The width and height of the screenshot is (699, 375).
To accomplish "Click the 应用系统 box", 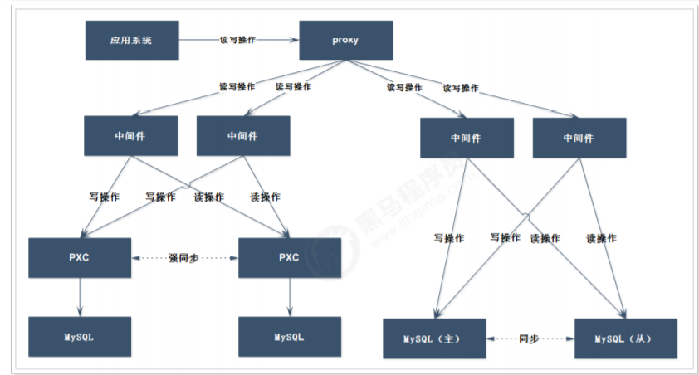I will pos(132,40).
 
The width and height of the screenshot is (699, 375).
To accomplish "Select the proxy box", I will pos(345,40).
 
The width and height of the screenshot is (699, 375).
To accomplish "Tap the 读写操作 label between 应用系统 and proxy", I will pos(237,39).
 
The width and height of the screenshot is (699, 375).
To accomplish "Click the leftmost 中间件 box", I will pos(130,136).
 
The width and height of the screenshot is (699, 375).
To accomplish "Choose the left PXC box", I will pos(80,257).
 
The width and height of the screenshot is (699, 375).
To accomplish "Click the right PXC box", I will pos(290,257).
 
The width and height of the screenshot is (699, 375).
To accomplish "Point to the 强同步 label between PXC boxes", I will pos(184,257).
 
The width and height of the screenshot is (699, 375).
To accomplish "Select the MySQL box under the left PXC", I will pos(80,336).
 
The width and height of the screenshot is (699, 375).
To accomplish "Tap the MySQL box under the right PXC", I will pos(290,336).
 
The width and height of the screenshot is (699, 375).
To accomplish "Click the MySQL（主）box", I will pos(432,338).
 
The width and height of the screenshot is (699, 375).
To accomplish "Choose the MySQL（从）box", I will pos(624,338).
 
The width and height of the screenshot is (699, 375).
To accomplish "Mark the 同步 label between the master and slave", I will pos(529,338).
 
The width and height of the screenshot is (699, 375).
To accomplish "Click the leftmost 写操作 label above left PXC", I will pos(104,197).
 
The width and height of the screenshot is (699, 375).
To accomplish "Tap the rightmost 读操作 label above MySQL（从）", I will pos(601,238).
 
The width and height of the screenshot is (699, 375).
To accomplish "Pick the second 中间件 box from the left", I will pos(242,136).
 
